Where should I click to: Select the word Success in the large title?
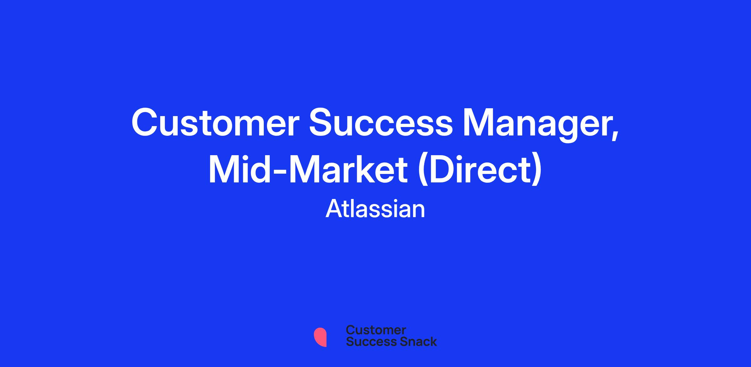[381, 122]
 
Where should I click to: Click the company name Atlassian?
[375, 209]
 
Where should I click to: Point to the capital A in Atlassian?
[335, 209]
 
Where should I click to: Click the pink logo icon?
[320, 337]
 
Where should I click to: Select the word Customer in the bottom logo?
[376, 330]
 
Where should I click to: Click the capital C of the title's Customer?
[145, 122]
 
